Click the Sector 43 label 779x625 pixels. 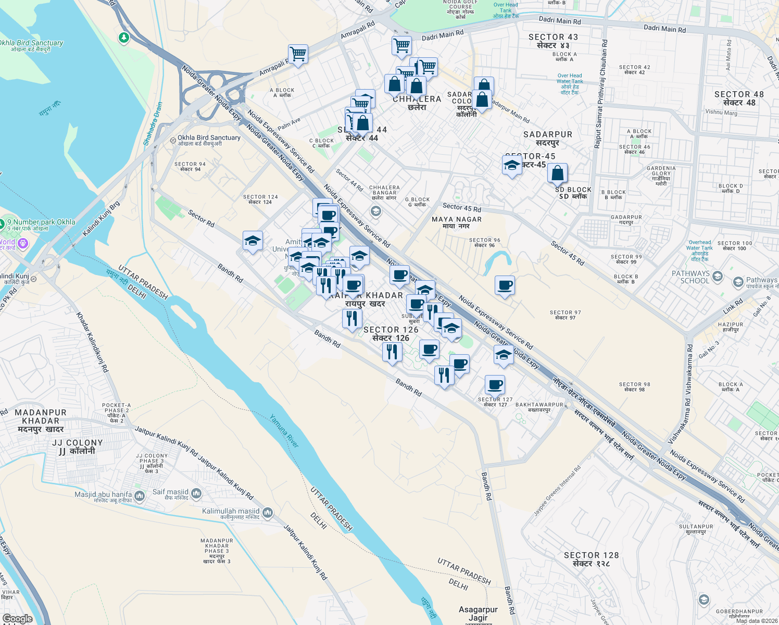click(553, 41)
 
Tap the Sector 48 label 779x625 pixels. click(739, 98)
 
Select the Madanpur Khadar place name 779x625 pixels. click(41, 420)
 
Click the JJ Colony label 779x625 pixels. click(78, 446)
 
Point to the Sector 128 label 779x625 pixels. click(591, 559)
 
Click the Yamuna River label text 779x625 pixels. click(284, 431)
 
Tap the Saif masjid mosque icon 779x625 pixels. click(196, 493)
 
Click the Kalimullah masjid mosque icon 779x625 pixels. click(268, 512)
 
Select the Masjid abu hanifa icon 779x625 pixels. click(140, 496)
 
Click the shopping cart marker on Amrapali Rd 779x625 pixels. click(298, 54)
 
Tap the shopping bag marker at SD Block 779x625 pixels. click(557, 172)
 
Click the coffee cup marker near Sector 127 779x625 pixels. click(495, 385)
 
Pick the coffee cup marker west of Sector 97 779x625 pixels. click(505, 285)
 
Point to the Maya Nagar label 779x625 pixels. click(457, 222)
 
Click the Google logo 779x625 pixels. click(17, 618)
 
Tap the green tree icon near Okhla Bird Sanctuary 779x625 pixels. click(123, 37)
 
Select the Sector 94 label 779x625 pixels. click(190, 166)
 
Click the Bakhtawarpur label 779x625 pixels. click(539, 407)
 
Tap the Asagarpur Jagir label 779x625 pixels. click(478, 614)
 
